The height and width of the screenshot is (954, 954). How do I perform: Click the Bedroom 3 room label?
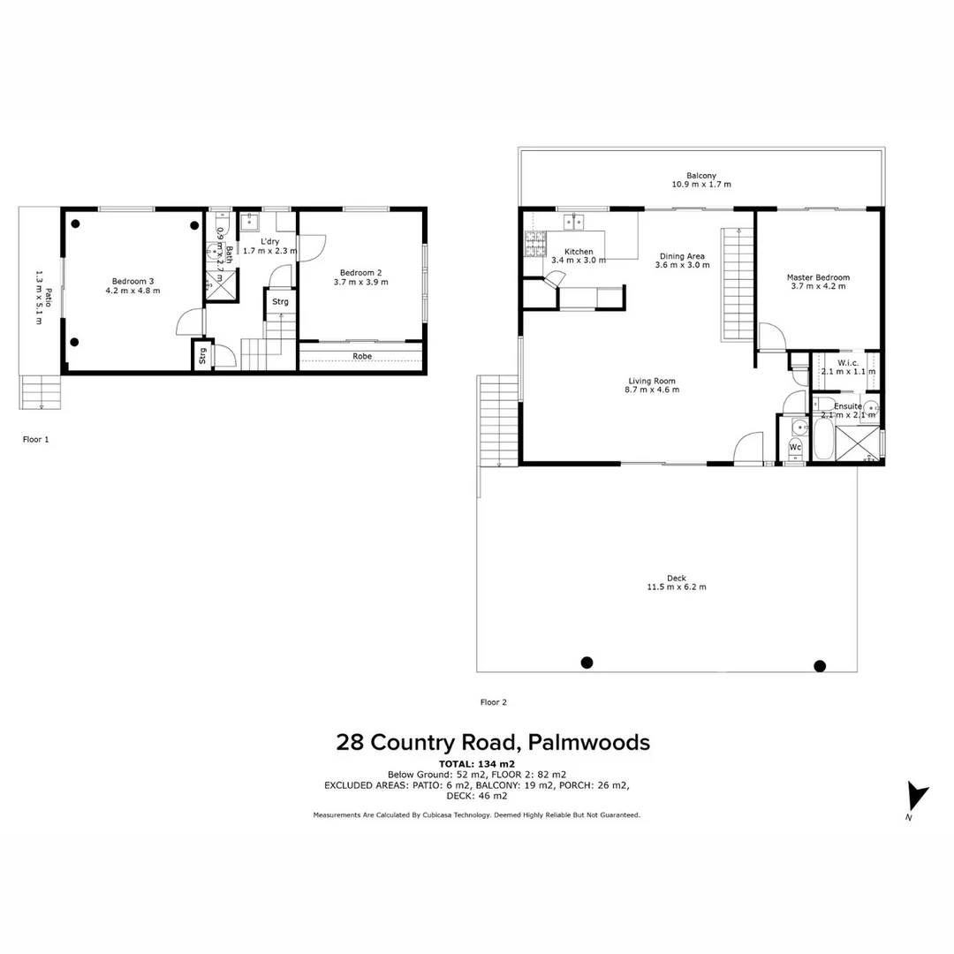pyautogui.click(x=133, y=281)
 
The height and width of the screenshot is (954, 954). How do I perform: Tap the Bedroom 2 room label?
pyautogui.click(x=360, y=272)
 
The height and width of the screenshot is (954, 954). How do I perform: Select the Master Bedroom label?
pyautogui.click(x=818, y=277)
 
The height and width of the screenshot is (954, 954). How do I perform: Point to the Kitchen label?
pyautogui.click(x=579, y=252)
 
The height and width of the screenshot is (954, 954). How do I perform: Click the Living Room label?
pyautogui.click(x=652, y=381)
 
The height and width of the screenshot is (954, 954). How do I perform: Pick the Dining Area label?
pyautogui.click(x=682, y=256)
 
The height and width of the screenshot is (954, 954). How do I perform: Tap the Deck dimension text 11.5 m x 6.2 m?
pyautogui.click(x=677, y=587)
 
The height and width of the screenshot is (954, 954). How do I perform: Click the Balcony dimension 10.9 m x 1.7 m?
pyautogui.click(x=701, y=185)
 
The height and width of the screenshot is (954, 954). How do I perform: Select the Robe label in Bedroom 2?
pyautogui.click(x=362, y=356)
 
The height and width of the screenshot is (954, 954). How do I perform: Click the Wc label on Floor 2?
pyautogui.click(x=795, y=447)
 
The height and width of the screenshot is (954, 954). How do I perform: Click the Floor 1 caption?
pyautogui.click(x=35, y=438)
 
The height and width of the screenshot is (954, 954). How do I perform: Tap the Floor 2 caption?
pyautogui.click(x=493, y=702)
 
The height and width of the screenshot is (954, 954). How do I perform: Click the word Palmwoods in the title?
pyautogui.click(x=590, y=742)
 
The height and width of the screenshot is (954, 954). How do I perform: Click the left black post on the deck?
pyautogui.click(x=587, y=662)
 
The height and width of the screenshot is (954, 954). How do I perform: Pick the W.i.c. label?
pyautogui.click(x=847, y=362)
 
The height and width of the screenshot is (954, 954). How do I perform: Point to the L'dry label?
pyautogui.click(x=270, y=241)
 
